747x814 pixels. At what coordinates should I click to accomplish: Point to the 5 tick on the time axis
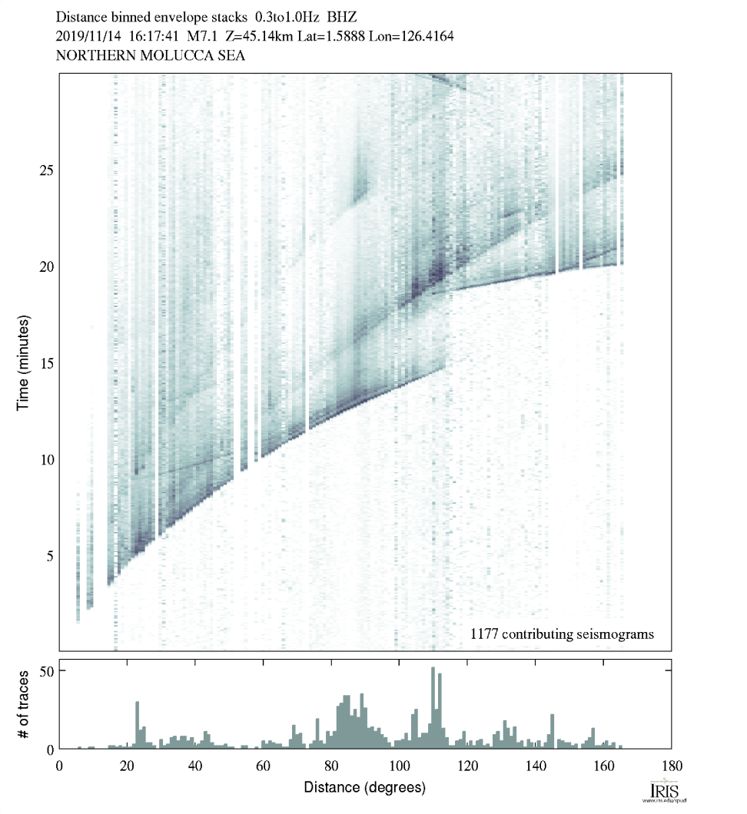(48, 555)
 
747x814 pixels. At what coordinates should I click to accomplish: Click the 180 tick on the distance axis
(671, 764)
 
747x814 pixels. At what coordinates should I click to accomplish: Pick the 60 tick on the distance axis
(263, 764)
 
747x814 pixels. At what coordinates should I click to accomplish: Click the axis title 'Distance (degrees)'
(364, 787)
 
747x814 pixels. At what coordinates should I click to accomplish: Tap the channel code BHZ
(344, 15)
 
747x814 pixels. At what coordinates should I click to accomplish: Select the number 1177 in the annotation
(484, 634)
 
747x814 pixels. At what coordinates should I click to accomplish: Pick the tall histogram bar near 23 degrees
(137, 725)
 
